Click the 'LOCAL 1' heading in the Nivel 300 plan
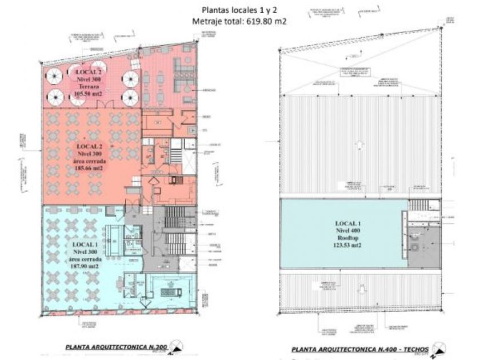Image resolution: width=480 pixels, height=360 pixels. pyautogui.click(x=86, y=244)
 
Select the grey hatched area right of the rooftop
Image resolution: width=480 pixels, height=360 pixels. pyautogui.click(x=426, y=247)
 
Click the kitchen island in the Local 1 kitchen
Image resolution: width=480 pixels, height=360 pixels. pyautogui.click(x=169, y=291)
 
